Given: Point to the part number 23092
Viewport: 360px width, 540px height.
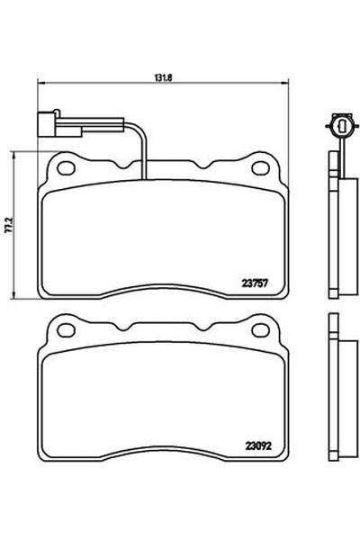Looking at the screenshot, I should [x=256, y=443].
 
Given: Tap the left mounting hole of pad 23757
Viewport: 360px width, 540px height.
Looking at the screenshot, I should [x=65, y=166].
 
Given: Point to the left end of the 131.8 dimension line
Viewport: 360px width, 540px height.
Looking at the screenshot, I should [x=36, y=85].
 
